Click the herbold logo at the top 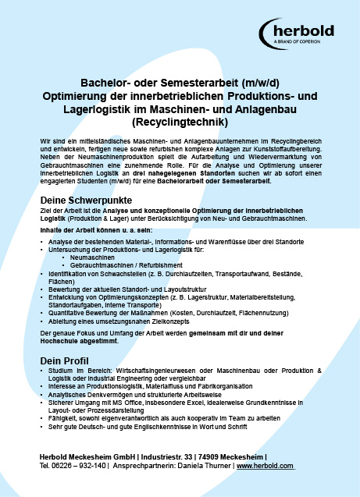tap(301, 32)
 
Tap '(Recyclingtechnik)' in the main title tap(180, 122)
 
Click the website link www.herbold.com tap(265, 466)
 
